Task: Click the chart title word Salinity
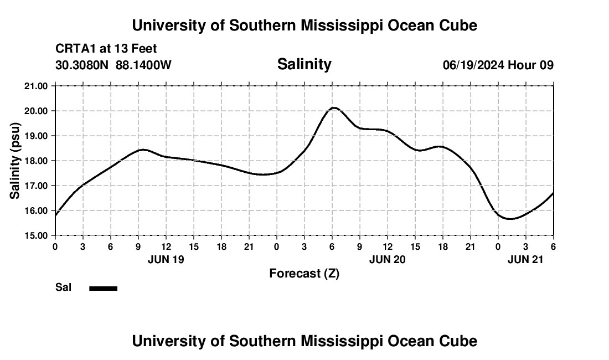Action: tap(304, 64)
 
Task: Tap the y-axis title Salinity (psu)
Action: tap(15, 161)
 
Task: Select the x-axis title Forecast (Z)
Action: tap(304, 273)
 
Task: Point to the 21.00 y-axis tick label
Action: tap(37, 86)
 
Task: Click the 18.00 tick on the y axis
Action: tap(37, 161)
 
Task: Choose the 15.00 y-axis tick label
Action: tap(37, 235)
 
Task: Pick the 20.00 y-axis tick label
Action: tap(37, 111)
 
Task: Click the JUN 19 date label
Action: tap(166, 259)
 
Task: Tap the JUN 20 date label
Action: tap(388, 259)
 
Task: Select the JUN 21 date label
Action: tap(526, 259)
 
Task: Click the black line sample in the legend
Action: tap(104, 288)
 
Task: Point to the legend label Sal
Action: tap(63, 287)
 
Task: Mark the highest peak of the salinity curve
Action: tap(333, 107)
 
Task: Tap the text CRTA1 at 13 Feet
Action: tap(106, 49)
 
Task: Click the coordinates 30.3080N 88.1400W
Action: tap(113, 65)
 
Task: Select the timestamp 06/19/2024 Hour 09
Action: tap(498, 65)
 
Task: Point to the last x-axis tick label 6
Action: tap(553, 246)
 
